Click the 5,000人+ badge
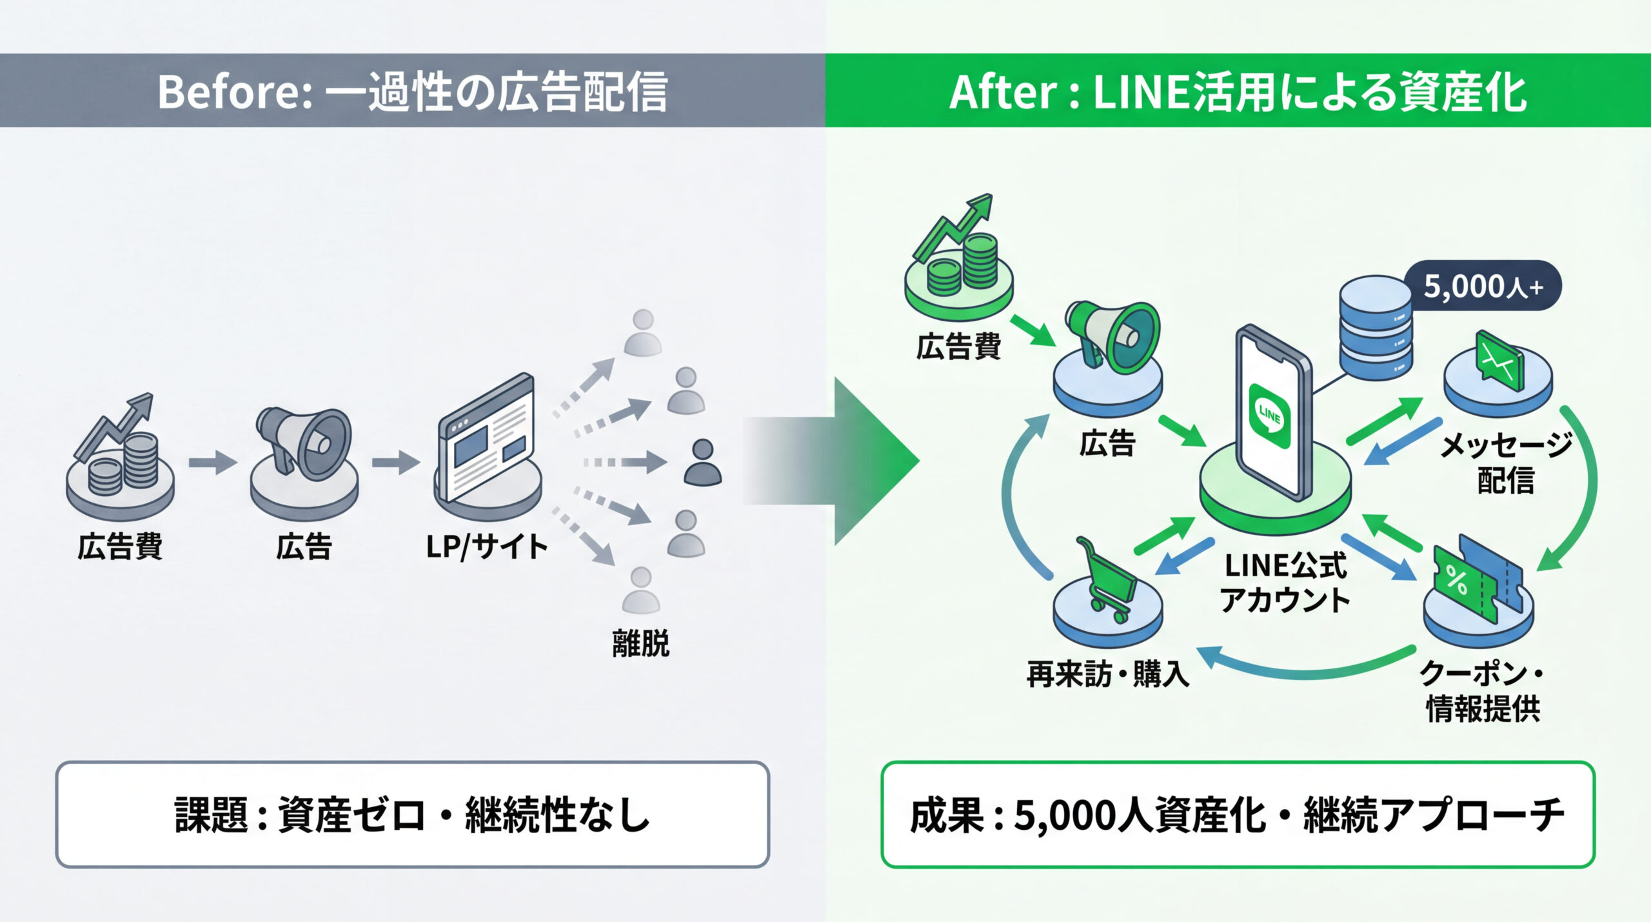[1483, 286]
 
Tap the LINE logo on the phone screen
[1269, 415]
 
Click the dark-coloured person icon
[702, 463]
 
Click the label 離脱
[640, 644]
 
